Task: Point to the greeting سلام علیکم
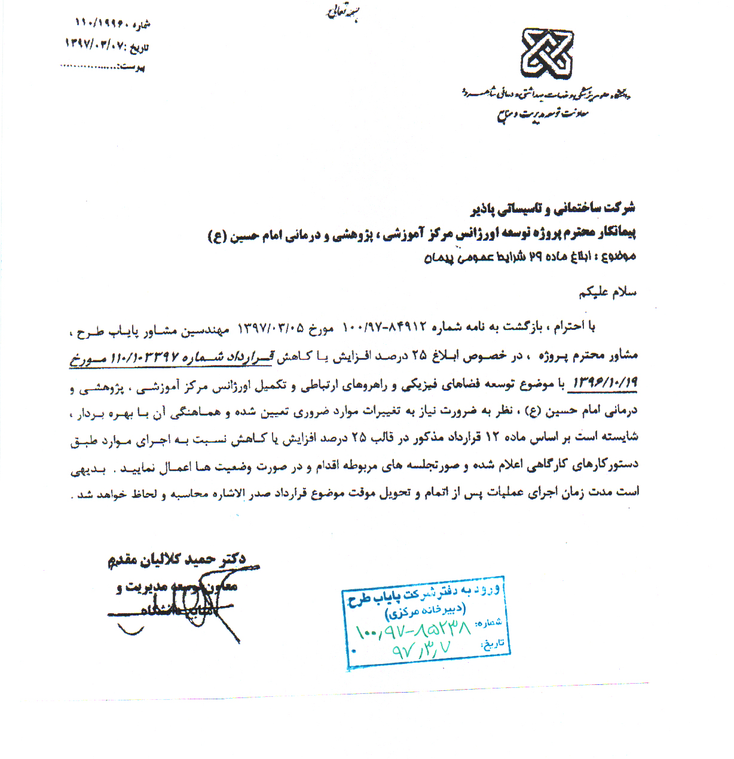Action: pos(607,293)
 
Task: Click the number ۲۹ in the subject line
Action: pos(534,258)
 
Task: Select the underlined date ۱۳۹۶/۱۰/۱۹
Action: pos(605,383)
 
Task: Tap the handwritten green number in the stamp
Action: pos(412,628)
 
